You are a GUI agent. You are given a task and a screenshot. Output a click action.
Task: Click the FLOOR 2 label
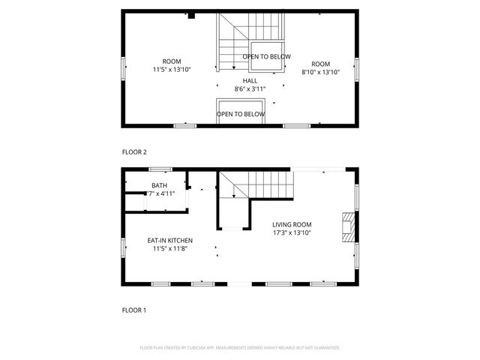tap(135, 152)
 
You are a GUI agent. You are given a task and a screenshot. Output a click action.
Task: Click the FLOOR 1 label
tap(135, 309)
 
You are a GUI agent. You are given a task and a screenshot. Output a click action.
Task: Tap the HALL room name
tap(250, 81)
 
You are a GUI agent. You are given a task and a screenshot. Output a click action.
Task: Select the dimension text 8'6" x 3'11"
tap(250, 89)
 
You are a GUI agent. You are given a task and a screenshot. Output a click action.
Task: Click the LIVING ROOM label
tap(292, 224)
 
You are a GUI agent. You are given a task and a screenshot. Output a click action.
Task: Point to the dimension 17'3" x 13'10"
tap(292, 233)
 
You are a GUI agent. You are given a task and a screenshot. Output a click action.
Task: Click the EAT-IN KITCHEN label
tap(169, 241)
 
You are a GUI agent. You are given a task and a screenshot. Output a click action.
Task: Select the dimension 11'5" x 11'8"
tap(169, 249)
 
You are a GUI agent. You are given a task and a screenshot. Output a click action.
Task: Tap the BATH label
tap(159, 185)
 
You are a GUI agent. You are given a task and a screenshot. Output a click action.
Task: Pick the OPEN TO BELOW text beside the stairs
tap(266, 57)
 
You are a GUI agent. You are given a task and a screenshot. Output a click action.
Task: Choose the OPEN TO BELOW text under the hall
tap(241, 115)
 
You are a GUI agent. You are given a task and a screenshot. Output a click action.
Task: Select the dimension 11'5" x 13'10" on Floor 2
tap(172, 69)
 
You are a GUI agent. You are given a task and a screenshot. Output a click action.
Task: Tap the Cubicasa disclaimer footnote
tap(240, 348)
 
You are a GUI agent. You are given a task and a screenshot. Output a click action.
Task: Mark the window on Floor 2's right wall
tap(357, 69)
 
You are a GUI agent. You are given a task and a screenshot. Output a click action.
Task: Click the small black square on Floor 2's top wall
tap(192, 14)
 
